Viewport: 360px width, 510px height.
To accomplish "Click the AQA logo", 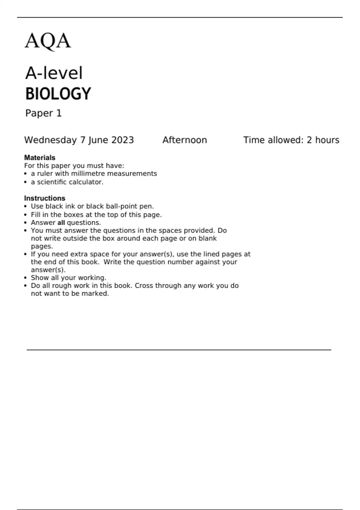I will (48, 41).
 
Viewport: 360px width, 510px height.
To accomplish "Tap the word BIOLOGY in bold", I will (58, 94).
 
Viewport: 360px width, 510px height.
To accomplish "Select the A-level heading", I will (54, 73).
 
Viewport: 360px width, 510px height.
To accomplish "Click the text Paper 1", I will (43, 113).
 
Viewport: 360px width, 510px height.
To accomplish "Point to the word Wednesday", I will (50, 140).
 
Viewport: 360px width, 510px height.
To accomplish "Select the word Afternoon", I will (184, 140).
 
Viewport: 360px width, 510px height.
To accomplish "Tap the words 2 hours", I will (323, 140).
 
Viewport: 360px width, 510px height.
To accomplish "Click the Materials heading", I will (40, 157).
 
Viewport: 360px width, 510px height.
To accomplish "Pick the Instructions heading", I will (44, 198).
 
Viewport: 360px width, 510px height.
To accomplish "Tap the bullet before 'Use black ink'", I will (25, 207).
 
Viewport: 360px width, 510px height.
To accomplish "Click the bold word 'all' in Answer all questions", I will (61, 223).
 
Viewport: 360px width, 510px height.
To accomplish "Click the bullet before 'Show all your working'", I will (25, 278).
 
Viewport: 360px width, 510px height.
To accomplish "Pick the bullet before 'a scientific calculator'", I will (25, 182).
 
